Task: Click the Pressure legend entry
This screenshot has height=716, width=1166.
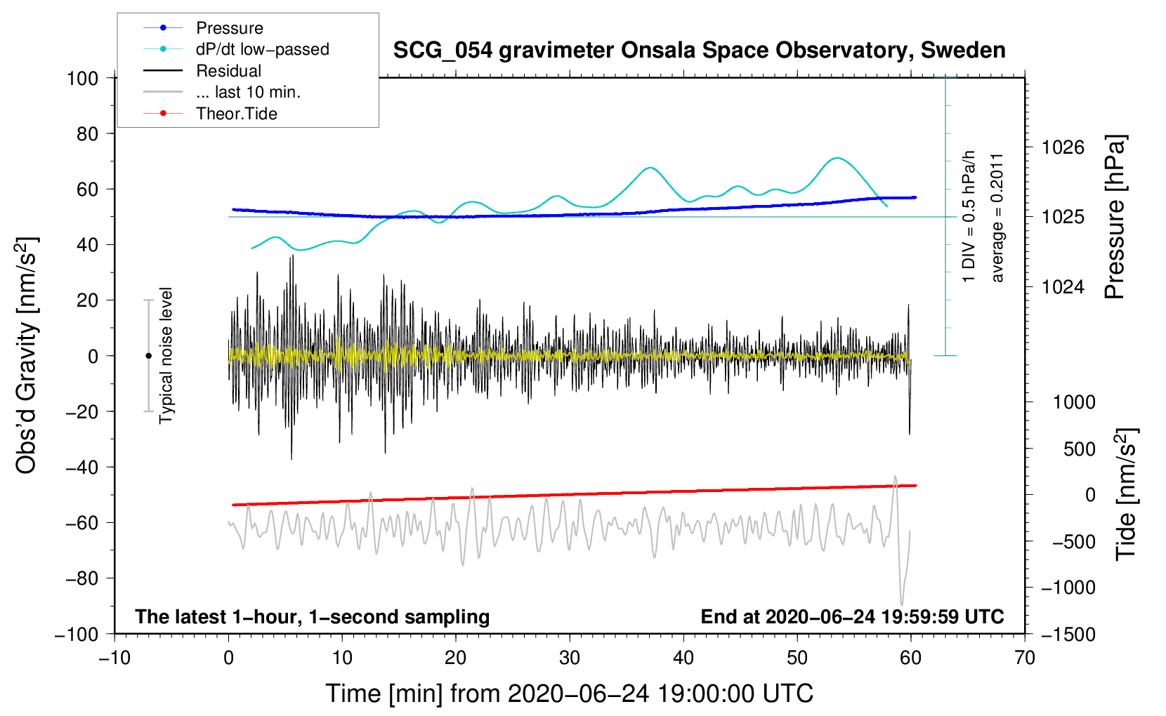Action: coord(229,28)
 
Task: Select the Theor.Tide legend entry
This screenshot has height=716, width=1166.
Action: coord(236,114)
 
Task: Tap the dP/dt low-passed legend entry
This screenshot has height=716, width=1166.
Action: coord(262,49)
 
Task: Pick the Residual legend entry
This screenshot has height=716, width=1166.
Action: coord(228,71)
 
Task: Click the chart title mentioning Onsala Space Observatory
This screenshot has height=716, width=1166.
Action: coord(699,51)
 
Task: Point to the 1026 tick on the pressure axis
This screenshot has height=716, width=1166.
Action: coord(1063,147)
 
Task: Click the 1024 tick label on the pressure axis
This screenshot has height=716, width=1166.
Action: coord(1063,286)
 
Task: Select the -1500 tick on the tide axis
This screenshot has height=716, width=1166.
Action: coord(1068,634)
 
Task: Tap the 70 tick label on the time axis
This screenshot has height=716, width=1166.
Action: coord(1025,658)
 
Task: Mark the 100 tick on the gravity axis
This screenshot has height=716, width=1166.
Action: coord(82,78)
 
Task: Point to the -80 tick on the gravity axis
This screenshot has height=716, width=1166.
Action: coord(82,578)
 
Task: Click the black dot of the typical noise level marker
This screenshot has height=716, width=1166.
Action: coord(148,356)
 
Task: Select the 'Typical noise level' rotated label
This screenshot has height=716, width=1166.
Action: coord(166,355)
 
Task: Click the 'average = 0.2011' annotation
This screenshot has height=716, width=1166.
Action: coord(997,218)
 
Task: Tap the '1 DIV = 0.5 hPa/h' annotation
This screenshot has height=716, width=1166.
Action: coord(969,216)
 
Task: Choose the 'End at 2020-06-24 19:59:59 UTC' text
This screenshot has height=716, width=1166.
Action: coord(852,616)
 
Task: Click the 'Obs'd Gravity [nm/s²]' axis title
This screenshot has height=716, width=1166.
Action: coord(27,355)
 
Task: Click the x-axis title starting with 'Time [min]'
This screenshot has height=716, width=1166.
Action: coord(569,694)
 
